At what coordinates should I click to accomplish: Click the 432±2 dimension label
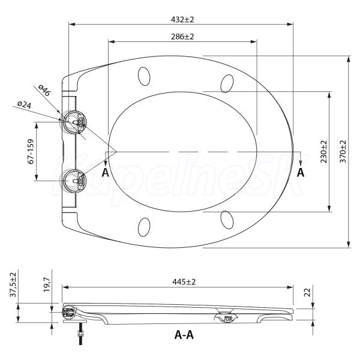click(x=182, y=20)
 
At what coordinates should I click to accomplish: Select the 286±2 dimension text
click(x=182, y=37)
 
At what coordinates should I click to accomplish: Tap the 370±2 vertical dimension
click(x=343, y=152)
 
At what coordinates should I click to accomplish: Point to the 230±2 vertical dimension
click(x=324, y=152)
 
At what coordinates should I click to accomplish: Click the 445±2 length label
click(x=184, y=282)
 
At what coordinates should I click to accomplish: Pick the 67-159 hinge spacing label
click(x=31, y=151)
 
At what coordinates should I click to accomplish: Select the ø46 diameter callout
click(x=44, y=90)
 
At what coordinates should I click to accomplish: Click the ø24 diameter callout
click(x=25, y=104)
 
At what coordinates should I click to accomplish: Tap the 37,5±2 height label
click(x=13, y=284)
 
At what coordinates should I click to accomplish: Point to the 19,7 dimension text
click(x=47, y=284)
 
